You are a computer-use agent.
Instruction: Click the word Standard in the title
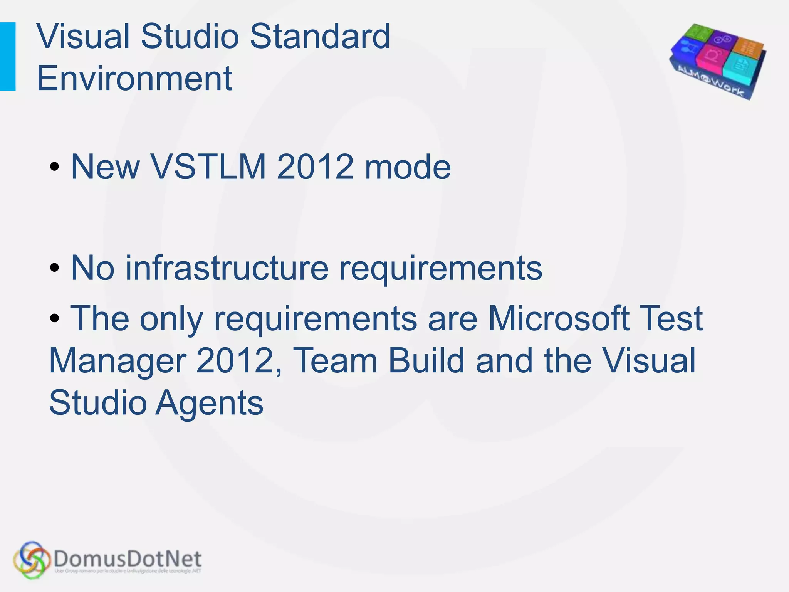[x=320, y=37]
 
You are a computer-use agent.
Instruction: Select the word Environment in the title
[x=134, y=78]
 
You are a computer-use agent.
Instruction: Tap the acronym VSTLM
[x=208, y=167]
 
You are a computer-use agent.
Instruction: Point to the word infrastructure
[x=227, y=268]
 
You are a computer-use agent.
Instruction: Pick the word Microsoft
[x=559, y=318]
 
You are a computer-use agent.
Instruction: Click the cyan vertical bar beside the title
[x=8, y=56]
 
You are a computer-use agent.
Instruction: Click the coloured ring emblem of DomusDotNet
[x=32, y=560]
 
